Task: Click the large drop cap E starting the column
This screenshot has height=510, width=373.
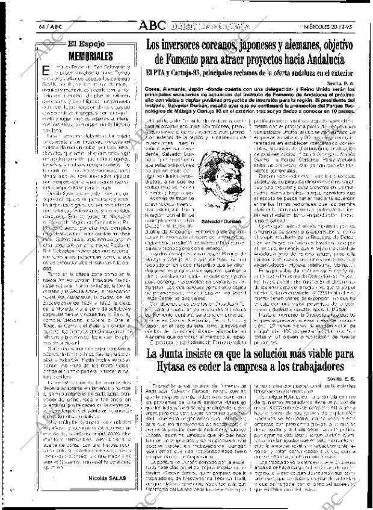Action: click(46, 70)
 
